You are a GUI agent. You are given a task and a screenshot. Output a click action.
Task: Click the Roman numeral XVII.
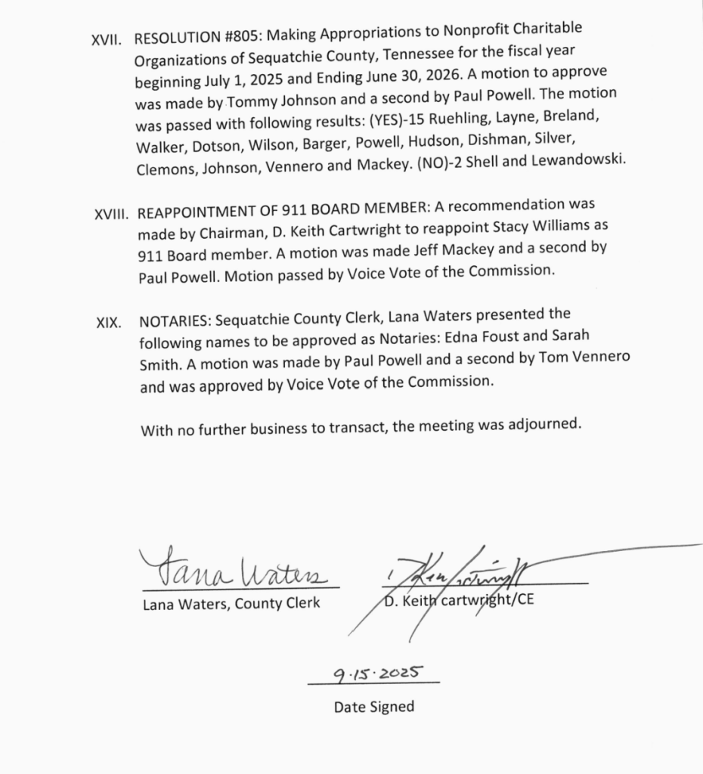(x=106, y=40)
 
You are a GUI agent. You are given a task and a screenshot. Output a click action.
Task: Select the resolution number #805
(x=226, y=36)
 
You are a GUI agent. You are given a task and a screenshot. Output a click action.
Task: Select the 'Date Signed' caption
(x=374, y=707)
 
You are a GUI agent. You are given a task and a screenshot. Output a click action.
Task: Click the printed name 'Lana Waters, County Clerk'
(x=231, y=603)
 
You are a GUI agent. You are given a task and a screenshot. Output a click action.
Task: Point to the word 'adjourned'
(x=544, y=423)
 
